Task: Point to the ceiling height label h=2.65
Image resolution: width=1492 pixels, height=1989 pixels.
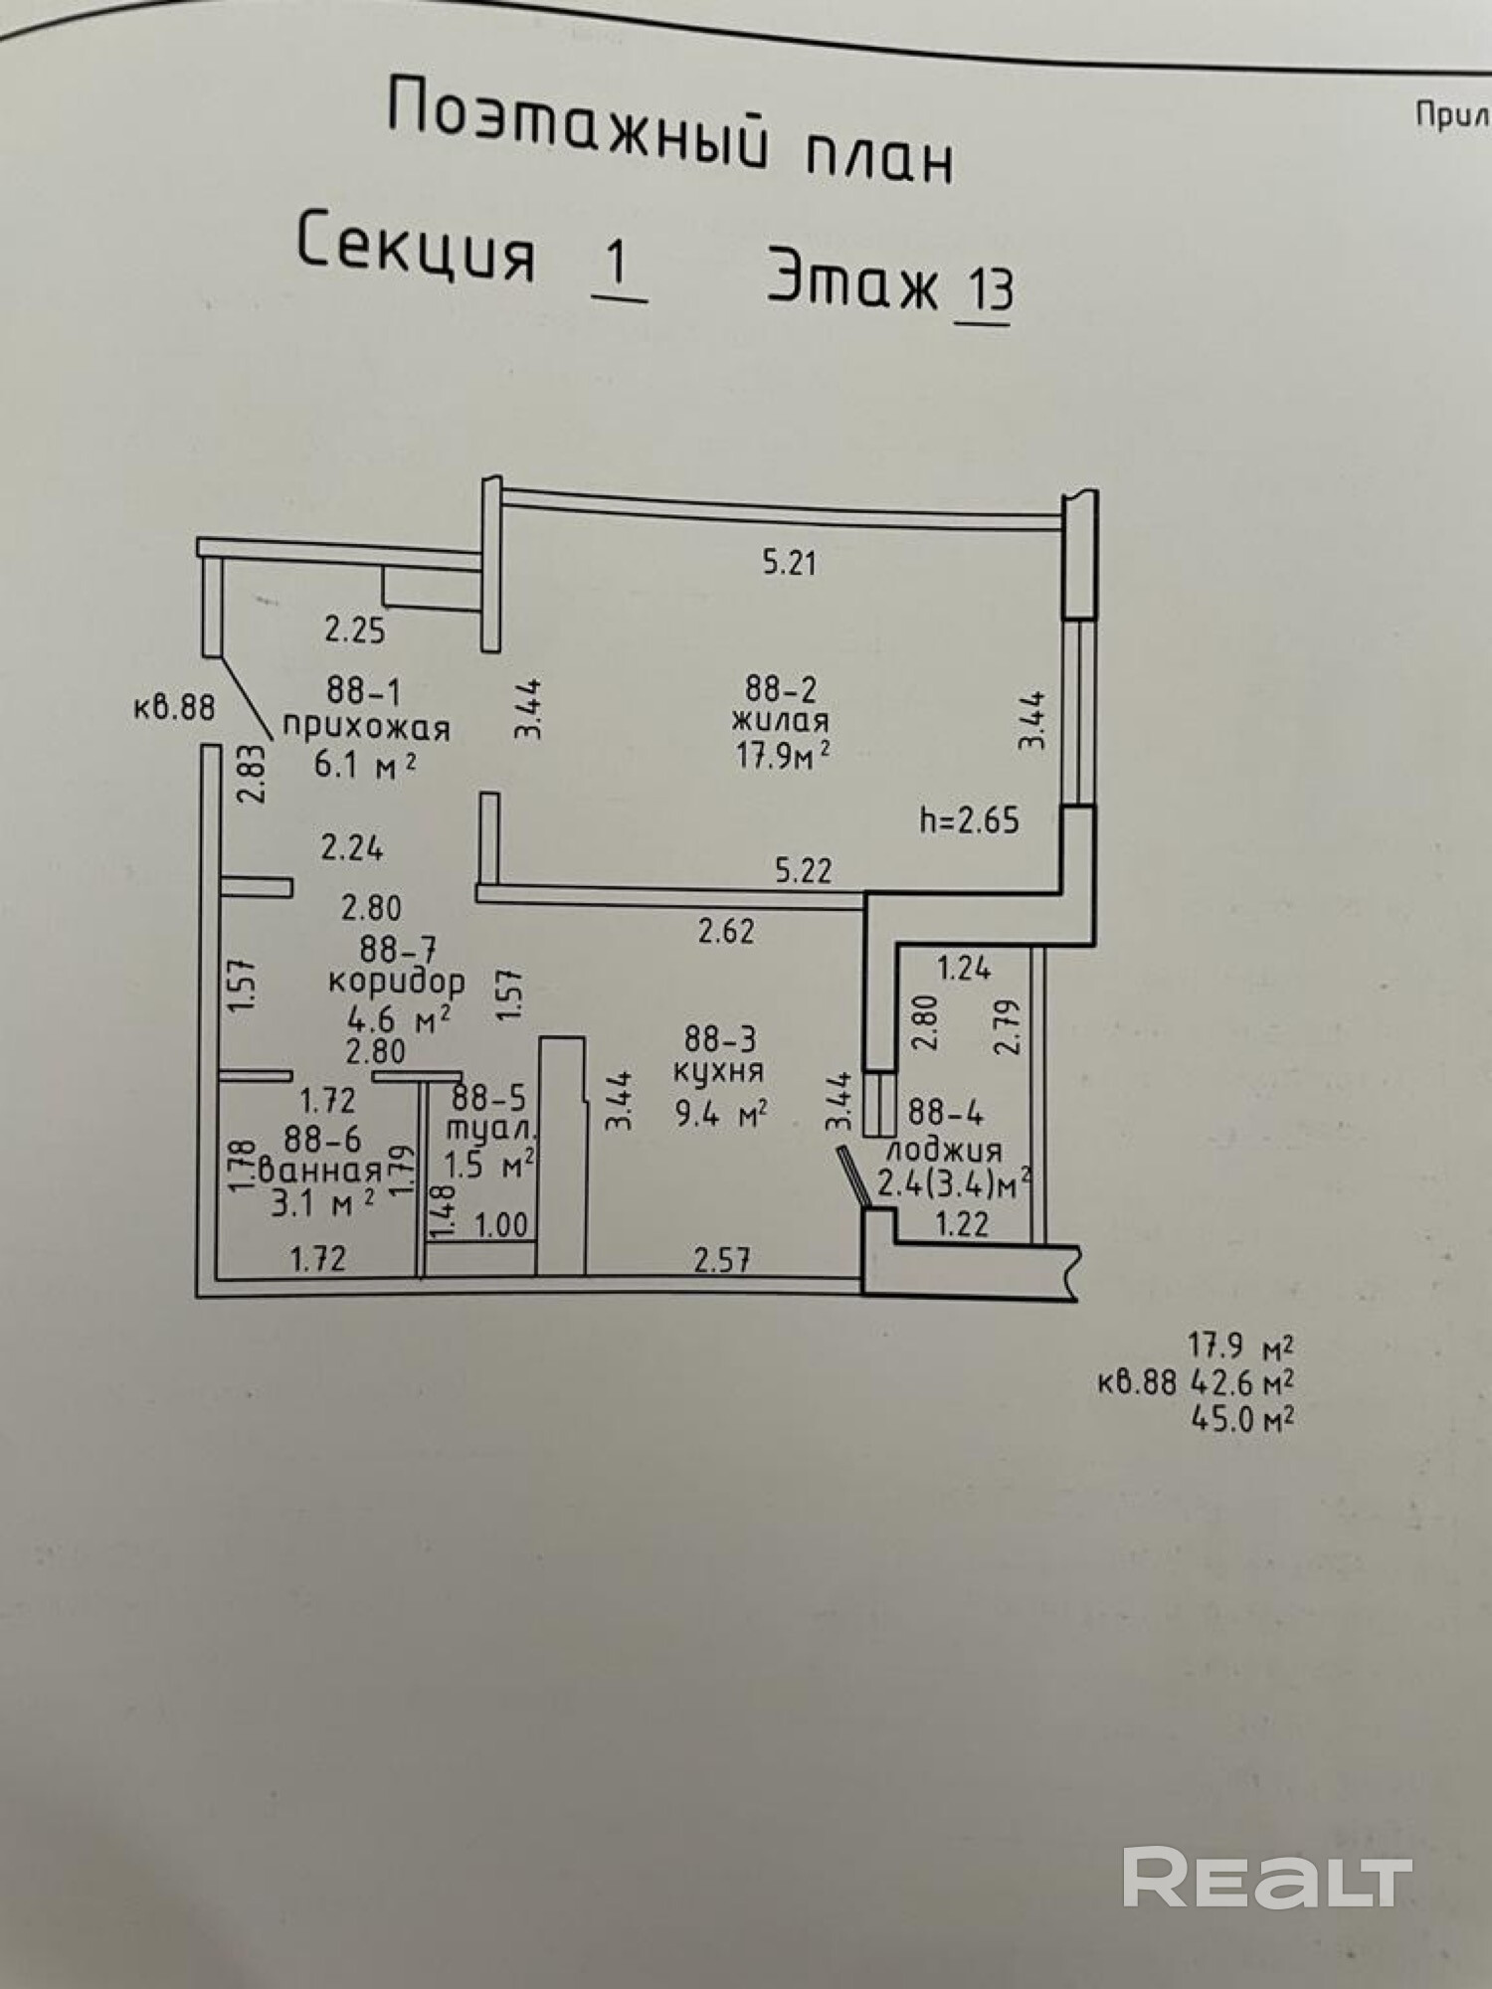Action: coord(970,819)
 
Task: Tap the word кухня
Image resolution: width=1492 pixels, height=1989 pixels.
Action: coord(718,1071)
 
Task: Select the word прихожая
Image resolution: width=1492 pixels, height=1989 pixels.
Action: coord(366,728)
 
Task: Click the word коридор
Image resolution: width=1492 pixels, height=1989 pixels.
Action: coord(396,983)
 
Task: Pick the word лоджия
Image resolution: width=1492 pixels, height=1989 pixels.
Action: coord(943,1150)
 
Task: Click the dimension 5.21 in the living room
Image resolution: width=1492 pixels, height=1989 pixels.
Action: coord(789,563)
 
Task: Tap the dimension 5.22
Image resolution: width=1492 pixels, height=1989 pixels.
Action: coord(804,871)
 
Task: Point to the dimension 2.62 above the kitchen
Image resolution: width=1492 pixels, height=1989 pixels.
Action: coord(726,931)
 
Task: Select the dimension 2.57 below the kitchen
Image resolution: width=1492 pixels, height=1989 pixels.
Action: coord(722,1261)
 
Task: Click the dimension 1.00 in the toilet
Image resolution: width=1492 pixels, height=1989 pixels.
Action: coord(501,1224)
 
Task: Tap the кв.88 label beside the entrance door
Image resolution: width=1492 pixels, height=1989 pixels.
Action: coord(174,707)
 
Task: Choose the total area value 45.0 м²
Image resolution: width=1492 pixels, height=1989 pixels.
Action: coord(1241,1418)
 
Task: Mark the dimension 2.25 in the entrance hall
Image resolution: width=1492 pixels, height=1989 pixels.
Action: coord(355,630)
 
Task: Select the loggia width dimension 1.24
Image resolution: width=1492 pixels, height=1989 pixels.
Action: coord(964,968)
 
